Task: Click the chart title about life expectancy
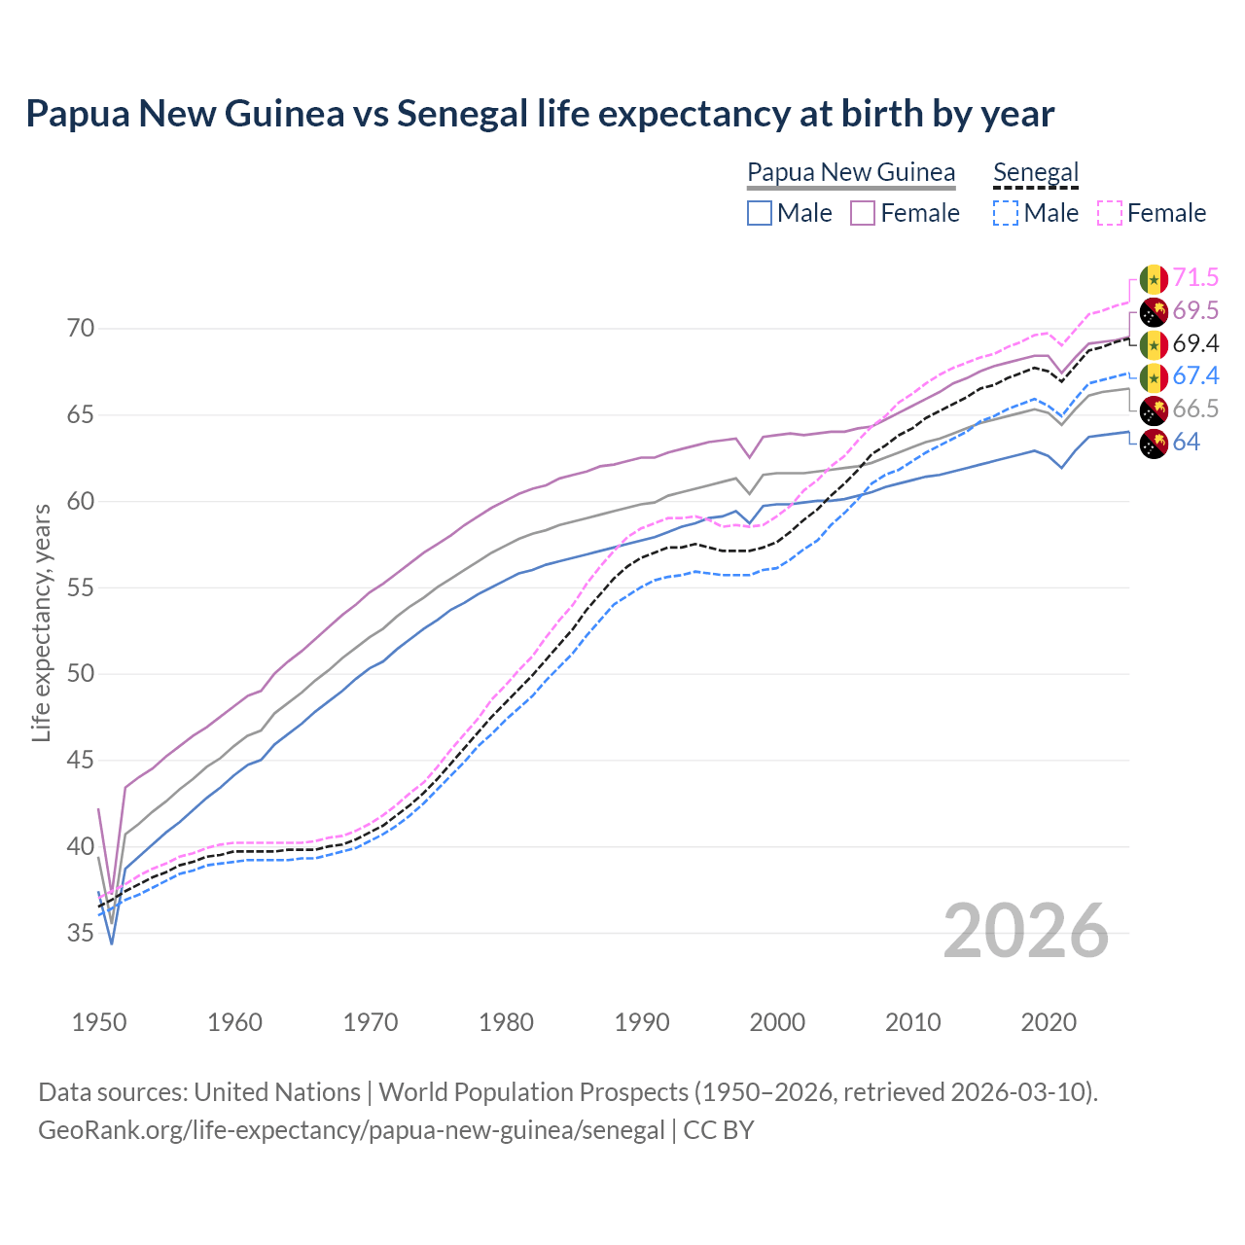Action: pyautogui.click(x=540, y=114)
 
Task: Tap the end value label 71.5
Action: pyautogui.click(x=1195, y=278)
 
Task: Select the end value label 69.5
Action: pyautogui.click(x=1195, y=311)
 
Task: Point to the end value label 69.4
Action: pyautogui.click(x=1195, y=344)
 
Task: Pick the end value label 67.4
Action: pyautogui.click(x=1195, y=376)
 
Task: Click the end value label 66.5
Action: pyautogui.click(x=1195, y=409)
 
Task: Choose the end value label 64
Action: pyautogui.click(x=1186, y=443)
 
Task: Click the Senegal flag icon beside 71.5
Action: pyautogui.click(x=1154, y=279)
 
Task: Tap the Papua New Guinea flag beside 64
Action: pyautogui.click(x=1154, y=444)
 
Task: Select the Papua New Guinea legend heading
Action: pyautogui.click(x=851, y=173)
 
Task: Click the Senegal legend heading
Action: pyautogui.click(x=1036, y=173)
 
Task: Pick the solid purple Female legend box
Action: pyautogui.click(x=863, y=213)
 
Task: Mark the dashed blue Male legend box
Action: pyautogui.click(x=1006, y=213)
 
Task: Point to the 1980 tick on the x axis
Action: pyautogui.click(x=507, y=1022)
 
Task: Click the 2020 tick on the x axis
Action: pyautogui.click(x=1049, y=1022)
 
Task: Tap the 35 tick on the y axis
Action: pyautogui.click(x=81, y=934)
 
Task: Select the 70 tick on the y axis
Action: pyautogui.click(x=81, y=329)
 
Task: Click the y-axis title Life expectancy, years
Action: pyautogui.click(x=41, y=622)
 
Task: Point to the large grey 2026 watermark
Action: pyautogui.click(x=1026, y=932)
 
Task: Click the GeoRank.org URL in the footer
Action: pyautogui.click(x=351, y=1130)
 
